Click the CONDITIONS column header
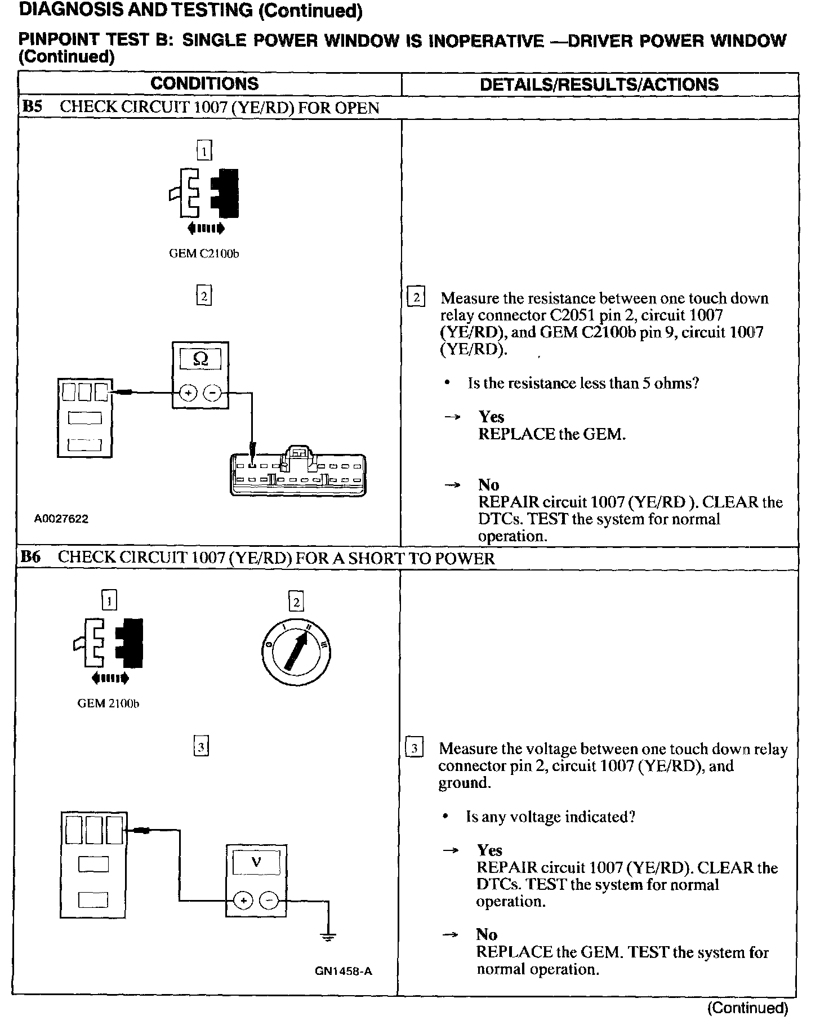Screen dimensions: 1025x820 tap(204, 84)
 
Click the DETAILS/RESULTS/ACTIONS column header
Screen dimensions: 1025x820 tap(599, 84)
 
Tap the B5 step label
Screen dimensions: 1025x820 tap(32, 107)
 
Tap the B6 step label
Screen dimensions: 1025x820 tap(30, 557)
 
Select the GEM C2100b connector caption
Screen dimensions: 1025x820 tap(204, 254)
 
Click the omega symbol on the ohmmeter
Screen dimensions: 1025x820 tap(200, 359)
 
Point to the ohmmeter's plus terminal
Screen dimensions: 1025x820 tap(188, 393)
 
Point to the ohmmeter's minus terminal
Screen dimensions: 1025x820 tap(212, 393)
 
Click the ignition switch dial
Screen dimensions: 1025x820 tap(296, 653)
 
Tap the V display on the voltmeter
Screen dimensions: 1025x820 tap(256, 862)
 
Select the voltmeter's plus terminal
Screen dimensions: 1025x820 tap(243, 901)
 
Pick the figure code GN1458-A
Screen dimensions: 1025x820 tap(344, 971)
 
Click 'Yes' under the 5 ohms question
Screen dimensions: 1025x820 tap(491, 417)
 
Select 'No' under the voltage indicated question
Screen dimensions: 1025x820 tap(487, 934)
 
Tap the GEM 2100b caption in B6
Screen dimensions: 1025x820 tap(108, 704)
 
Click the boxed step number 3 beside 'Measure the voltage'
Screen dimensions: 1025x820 tap(415, 748)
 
